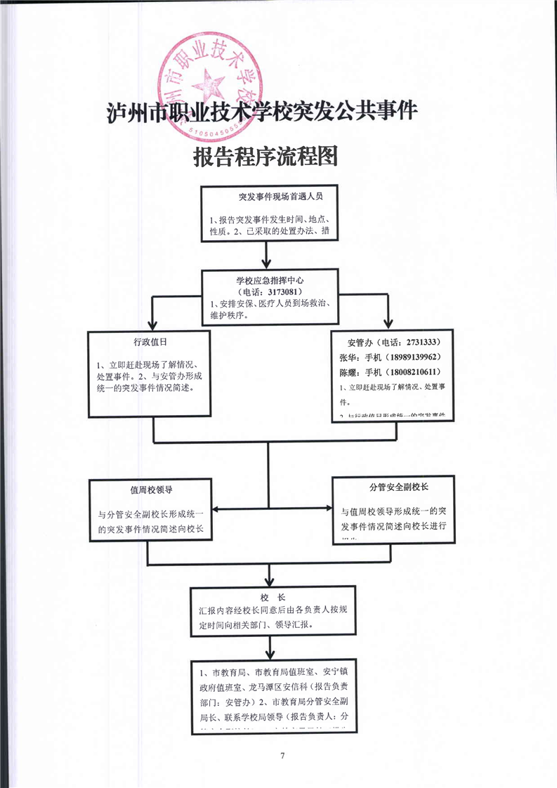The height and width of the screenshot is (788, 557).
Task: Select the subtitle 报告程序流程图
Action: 266,157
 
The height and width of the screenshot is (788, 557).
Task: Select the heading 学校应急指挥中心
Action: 270,280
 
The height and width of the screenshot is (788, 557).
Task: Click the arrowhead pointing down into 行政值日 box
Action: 150,324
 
